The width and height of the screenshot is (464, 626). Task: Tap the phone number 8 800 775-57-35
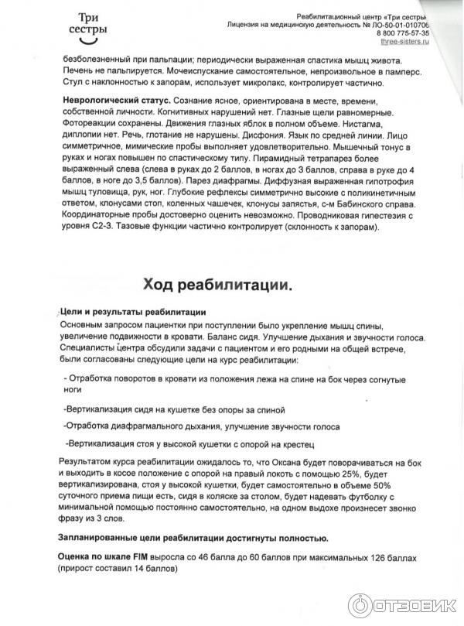403,34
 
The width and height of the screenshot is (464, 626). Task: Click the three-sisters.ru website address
405,43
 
